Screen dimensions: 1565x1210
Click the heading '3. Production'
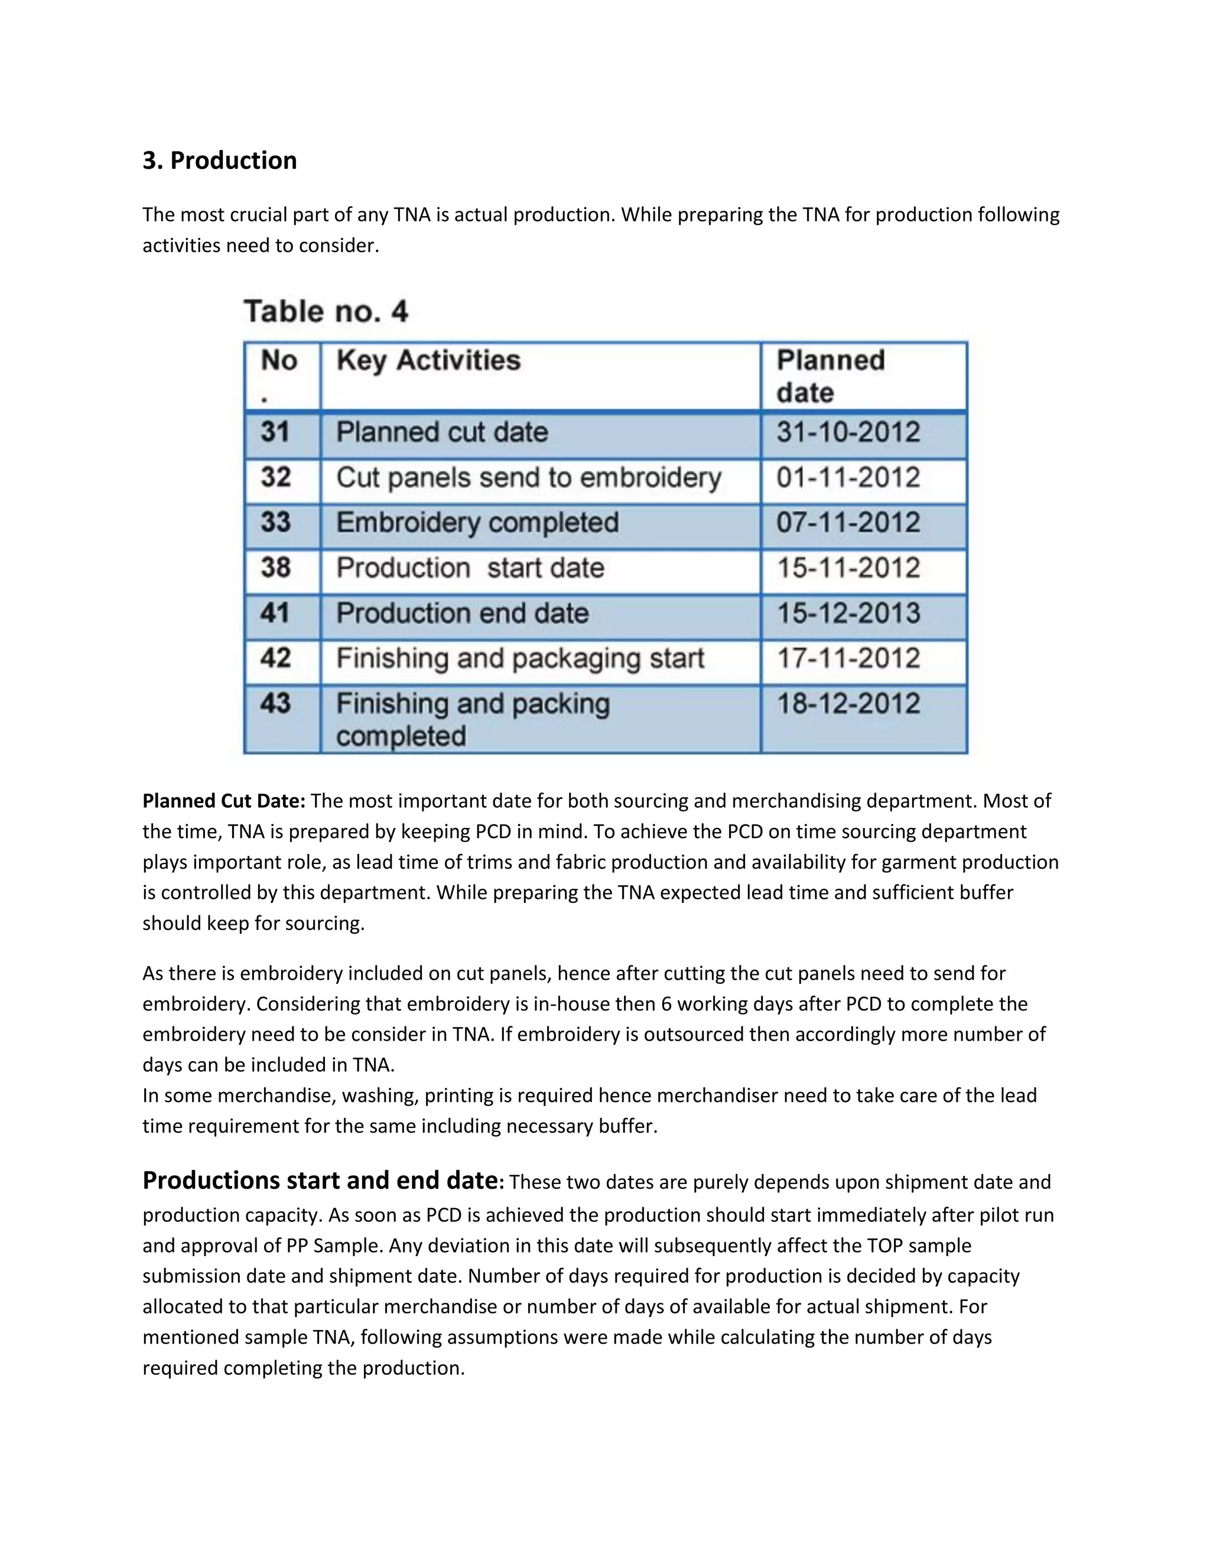click(x=219, y=161)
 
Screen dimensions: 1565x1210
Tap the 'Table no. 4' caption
click(x=326, y=312)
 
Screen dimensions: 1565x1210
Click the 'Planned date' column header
click(x=831, y=376)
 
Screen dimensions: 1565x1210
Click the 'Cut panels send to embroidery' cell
click(x=528, y=478)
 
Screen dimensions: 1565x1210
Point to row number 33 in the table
click(x=275, y=523)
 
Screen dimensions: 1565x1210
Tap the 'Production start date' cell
click(x=470, y=568)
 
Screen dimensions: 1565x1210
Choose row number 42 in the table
click(x=275, y=658)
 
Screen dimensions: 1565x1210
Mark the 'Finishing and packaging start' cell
click(x=521, y=658)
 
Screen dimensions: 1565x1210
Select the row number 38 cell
click(x=275, y=568)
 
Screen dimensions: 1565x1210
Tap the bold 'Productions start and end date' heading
click(x=320, y=1180)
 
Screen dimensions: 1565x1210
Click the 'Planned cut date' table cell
click(x=443, y=433)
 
